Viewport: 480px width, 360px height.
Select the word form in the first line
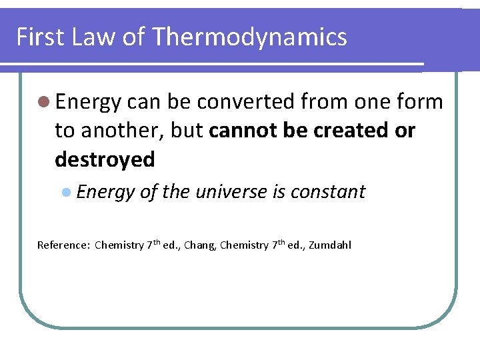[419, 102]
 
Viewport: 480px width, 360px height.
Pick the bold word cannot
[239, 131]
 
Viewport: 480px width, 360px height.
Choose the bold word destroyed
[105, 159]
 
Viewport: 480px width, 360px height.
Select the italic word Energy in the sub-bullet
[105, 192]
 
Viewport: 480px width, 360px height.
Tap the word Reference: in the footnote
[63, 245]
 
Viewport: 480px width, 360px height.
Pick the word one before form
[365, 102]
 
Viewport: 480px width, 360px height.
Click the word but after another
[186, 131]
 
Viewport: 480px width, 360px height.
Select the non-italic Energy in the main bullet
[88, 102]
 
